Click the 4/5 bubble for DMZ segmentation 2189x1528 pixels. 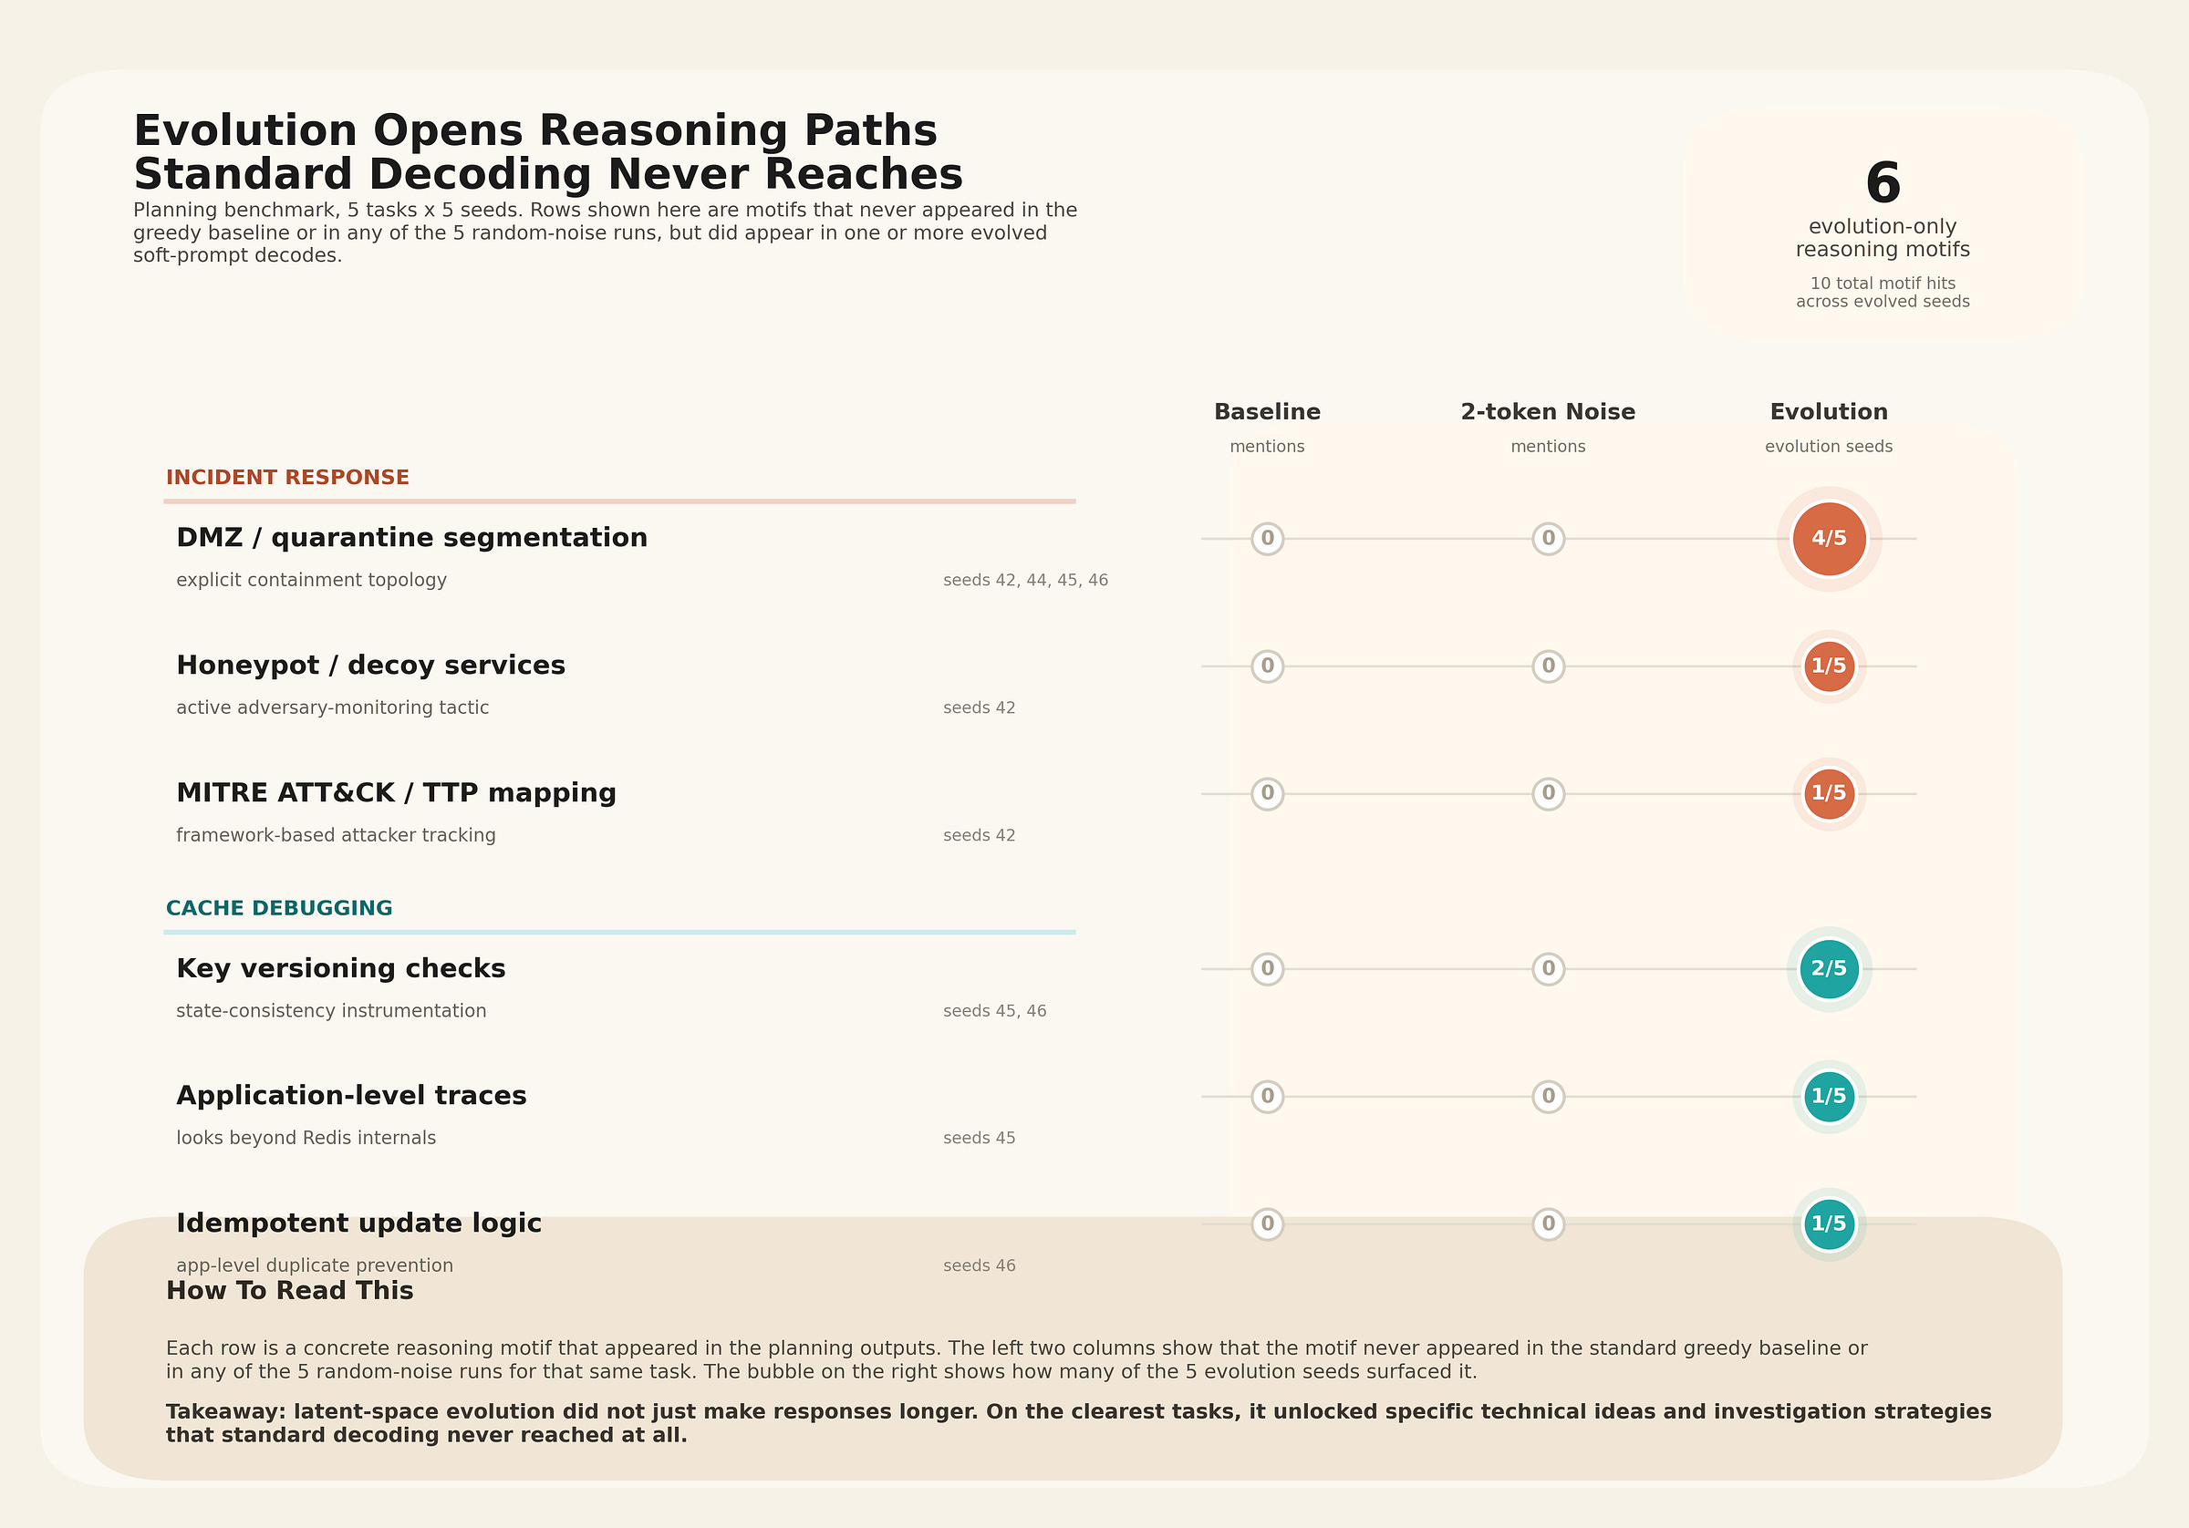tap(1828, 539)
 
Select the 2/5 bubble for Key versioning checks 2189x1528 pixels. tap(1828, 968)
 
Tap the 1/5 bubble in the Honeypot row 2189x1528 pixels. tap(1828, 666)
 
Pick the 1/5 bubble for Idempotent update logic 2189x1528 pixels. tap(1828, 1223)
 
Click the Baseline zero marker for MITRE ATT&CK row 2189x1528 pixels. tap(1267, 793)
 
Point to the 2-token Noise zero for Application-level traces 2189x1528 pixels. tap(1548, 1096)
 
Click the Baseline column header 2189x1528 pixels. tap(1267, 412)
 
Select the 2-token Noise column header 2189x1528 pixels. tap(1548, 412)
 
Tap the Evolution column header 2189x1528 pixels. tap(1828, 412)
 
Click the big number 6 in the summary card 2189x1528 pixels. tap(1882, 183)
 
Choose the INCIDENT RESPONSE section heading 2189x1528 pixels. tap(287, 478)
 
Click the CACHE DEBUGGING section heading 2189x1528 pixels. tap(278, 908)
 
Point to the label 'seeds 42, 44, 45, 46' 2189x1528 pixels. tap(1025, 581)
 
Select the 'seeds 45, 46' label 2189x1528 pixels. tap(994, 1011)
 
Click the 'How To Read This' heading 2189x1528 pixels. tap(289, 1291)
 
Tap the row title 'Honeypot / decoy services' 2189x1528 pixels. tap(370, 666)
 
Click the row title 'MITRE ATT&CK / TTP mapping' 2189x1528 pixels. tap(396, 793)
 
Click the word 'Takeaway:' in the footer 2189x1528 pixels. tap(226, 1411)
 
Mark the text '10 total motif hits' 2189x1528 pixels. tap(1882, 284)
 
